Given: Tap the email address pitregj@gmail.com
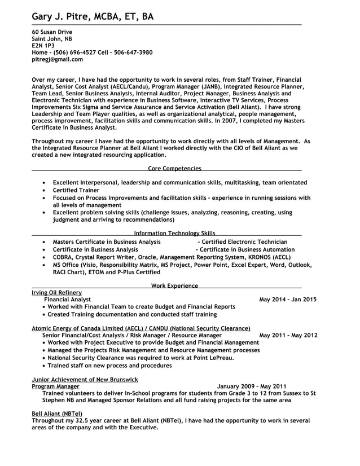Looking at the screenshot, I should [57, 59].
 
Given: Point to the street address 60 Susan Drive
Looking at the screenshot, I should [52, 32].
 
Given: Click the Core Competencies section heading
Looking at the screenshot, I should [174, 168].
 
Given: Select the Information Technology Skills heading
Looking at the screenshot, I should [174, 233].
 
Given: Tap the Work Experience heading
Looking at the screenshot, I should [174, 286].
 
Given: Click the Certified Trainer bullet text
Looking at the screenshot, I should [76, 191].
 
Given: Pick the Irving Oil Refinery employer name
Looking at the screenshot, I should [57, 293].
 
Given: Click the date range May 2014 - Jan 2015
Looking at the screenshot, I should [288, 300].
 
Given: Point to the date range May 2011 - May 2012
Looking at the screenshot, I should [288, 335].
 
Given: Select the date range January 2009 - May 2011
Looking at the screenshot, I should [252, 386].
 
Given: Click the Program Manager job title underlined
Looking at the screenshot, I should [55, 386].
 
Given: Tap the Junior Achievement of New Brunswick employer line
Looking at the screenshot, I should [85, 380].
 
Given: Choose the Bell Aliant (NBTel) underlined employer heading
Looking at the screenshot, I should [57, 414].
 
